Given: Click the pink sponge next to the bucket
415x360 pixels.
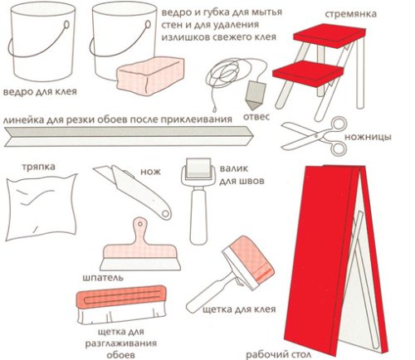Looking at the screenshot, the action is pos(150,75).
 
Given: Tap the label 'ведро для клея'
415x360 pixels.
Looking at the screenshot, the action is pos(40,91).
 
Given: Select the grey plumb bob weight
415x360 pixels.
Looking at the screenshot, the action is pos(256,95).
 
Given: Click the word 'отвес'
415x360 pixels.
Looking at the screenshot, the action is pos(256,116).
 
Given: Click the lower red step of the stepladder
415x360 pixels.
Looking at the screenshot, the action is pos(308,73).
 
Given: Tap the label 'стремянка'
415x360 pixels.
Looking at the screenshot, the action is pos(350,14).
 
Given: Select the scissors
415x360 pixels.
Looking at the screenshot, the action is pos(315,136).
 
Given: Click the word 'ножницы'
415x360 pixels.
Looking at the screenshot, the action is pos(368,137).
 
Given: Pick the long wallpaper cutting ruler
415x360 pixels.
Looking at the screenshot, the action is pos(129,136).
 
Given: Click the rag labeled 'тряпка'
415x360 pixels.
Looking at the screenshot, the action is pos(41,207).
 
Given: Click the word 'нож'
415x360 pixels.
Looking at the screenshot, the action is pos(150,172).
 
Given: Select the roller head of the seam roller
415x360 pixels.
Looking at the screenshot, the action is pos(198,168).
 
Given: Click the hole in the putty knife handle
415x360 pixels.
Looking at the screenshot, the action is pos(140,224).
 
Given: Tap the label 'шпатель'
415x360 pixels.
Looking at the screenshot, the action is pos(103,277).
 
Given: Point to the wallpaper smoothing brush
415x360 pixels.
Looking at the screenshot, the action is pos(122,304).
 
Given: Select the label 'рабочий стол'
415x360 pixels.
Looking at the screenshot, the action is pos(278,354).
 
